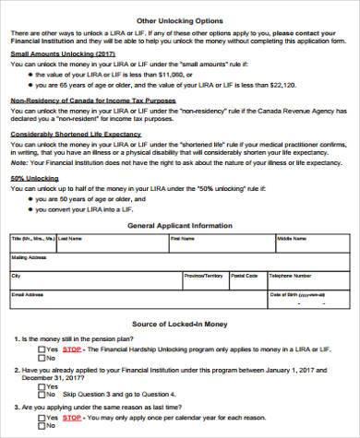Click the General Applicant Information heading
pos(180,224)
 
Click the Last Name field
pos(111,246)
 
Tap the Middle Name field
pos(309,246)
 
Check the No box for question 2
pos(42,390)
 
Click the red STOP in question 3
pos(71,417)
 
